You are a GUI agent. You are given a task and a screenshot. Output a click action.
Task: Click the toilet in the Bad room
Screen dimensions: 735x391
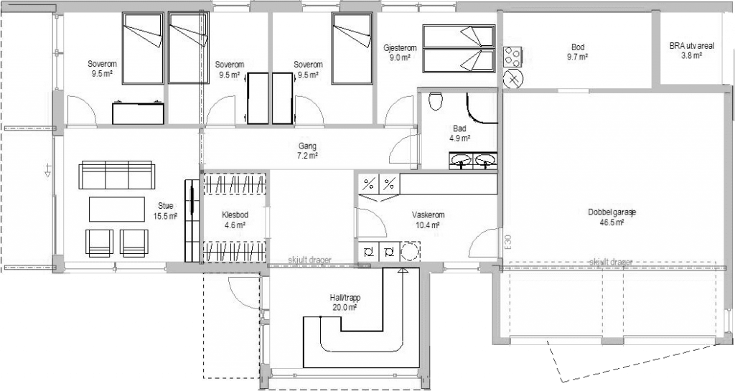[436, 100]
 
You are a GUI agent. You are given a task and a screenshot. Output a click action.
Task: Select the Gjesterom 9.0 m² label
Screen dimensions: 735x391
[400, 52]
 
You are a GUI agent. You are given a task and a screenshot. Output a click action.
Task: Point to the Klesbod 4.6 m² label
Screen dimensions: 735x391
[235, 220]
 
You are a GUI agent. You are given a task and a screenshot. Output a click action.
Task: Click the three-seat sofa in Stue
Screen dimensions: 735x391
[117, 175]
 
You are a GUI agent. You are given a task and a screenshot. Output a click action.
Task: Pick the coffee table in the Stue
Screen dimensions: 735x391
[117, 209]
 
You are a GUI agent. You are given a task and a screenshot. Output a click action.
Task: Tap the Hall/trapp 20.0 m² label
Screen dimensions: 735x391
[345, 303]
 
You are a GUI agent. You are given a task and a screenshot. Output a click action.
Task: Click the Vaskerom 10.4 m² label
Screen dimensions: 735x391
[429, 220]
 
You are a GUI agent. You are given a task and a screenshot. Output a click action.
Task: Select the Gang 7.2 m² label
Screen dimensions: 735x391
[307, 151]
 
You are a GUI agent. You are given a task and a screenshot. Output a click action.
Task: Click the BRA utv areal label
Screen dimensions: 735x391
[692, 50]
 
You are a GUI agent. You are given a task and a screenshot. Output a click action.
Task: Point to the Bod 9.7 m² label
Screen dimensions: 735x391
[578, 52]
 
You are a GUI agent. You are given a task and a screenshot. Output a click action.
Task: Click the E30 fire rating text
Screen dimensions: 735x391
[509, 242]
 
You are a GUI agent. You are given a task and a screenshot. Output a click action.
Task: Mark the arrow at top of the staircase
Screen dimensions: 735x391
[402, 270]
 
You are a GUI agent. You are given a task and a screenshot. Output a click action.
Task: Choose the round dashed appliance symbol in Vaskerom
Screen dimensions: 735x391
[410, 251]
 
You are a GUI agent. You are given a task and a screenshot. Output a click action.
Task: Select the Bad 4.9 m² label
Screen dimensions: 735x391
[459, 133]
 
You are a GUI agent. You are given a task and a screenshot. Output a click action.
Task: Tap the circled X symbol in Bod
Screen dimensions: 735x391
[513, 79]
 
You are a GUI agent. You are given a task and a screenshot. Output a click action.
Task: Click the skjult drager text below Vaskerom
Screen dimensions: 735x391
[310, 260]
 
